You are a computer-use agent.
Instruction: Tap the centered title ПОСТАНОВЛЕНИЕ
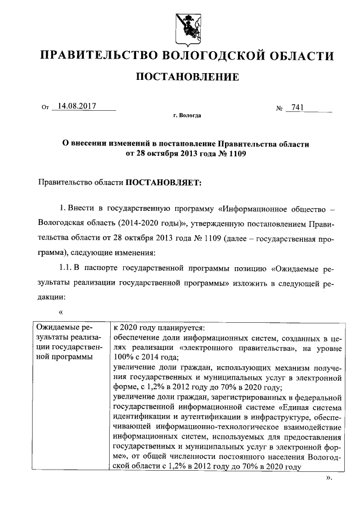pos(185,76)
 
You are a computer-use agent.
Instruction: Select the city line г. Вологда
pos(186,115)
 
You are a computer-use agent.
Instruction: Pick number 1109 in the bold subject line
pos(236,153)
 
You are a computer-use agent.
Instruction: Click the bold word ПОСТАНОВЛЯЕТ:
pos(163,182)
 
